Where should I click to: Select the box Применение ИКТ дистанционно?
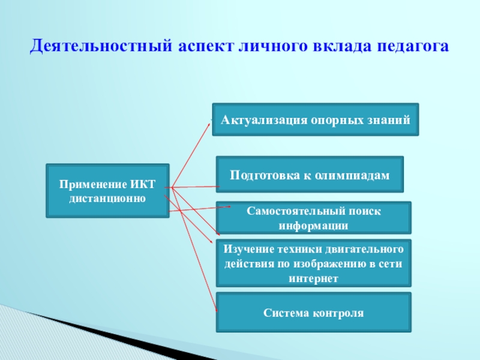point(107,190)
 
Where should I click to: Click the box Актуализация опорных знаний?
point(316,119)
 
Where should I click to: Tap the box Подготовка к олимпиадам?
point(310,175)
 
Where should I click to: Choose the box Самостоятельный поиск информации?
point(314,218)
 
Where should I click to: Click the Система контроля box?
point(314,313)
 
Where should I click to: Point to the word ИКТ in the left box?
point(142,184)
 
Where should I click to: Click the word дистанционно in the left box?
point(107,197)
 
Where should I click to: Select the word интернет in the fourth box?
point(314,278)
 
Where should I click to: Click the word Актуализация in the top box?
point(264,119)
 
